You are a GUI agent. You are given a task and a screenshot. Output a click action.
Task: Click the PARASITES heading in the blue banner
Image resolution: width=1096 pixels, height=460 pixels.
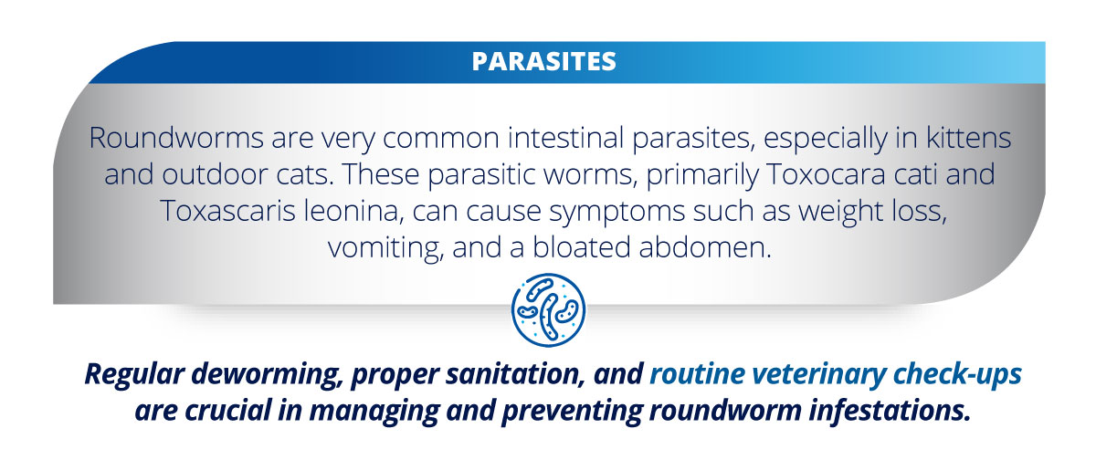tap(543, 61)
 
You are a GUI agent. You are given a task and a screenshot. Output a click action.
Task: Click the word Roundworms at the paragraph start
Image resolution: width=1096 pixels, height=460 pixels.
tap(176, 138)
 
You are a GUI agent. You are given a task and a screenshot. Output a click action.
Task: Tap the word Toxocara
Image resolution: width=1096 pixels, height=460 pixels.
tap(826, 174)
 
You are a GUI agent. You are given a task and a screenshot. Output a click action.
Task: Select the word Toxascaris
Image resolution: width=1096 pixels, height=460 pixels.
tap(227, 211)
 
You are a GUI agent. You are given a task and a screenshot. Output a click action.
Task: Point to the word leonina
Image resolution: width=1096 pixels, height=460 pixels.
tap(353, 211)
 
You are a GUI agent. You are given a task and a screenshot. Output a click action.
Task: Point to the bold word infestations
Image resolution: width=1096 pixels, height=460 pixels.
tap(889, 411)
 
